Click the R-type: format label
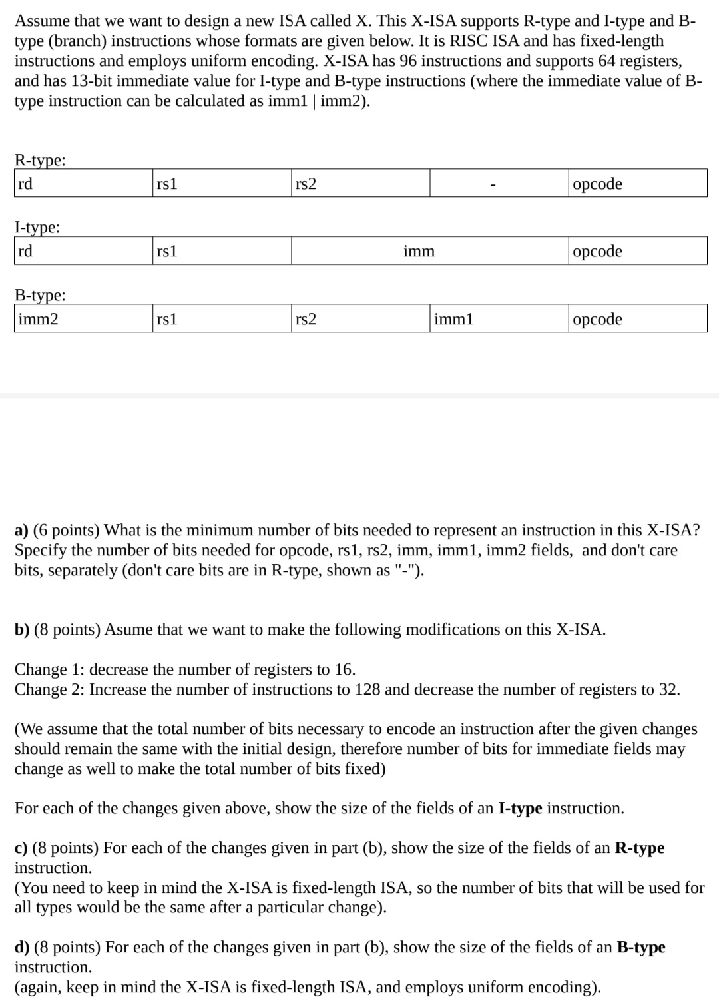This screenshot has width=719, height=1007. click(40, 160)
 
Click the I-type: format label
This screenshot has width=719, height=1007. click(37, 227)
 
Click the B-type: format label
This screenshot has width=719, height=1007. click(40, 294)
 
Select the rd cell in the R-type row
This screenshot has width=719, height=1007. click(83, 184)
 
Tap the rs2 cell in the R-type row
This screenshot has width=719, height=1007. click(360, 184)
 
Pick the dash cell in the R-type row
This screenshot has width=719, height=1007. click(499, 184)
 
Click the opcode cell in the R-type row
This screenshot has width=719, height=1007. click(638, 184)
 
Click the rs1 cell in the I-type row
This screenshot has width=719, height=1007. click(222, 251)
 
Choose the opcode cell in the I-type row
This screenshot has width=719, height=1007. click(638, 251)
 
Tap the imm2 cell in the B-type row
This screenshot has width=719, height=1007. click(83, 319)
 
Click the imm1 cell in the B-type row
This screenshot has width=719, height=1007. click(499, 319)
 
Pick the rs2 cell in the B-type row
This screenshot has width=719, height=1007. click(360, 319)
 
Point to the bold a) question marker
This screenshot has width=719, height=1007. click(21, 531)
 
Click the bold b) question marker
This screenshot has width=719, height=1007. click(22, 630)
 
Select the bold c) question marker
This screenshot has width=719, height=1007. click(21, 848)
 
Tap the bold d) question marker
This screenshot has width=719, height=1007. click(22, 947)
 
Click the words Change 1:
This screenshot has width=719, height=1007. click(50, 669)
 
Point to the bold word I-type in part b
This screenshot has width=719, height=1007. click(519, 809)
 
